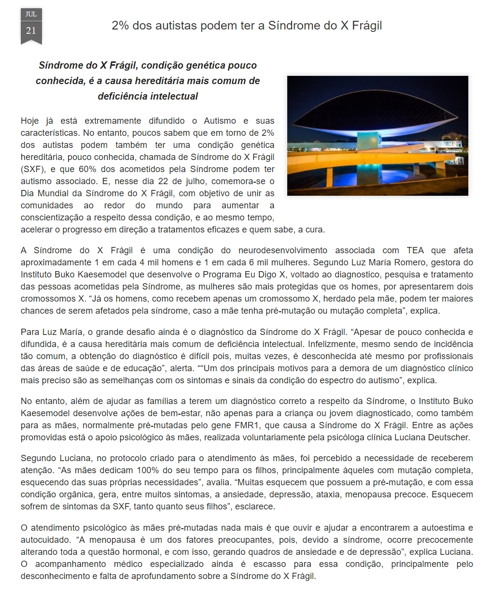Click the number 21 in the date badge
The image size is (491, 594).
tap(31, 30)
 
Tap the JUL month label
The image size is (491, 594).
tap(31, 14)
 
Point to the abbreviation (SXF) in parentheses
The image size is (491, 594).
tap(32, 170)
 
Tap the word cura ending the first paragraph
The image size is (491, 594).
tap(315, 230)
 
